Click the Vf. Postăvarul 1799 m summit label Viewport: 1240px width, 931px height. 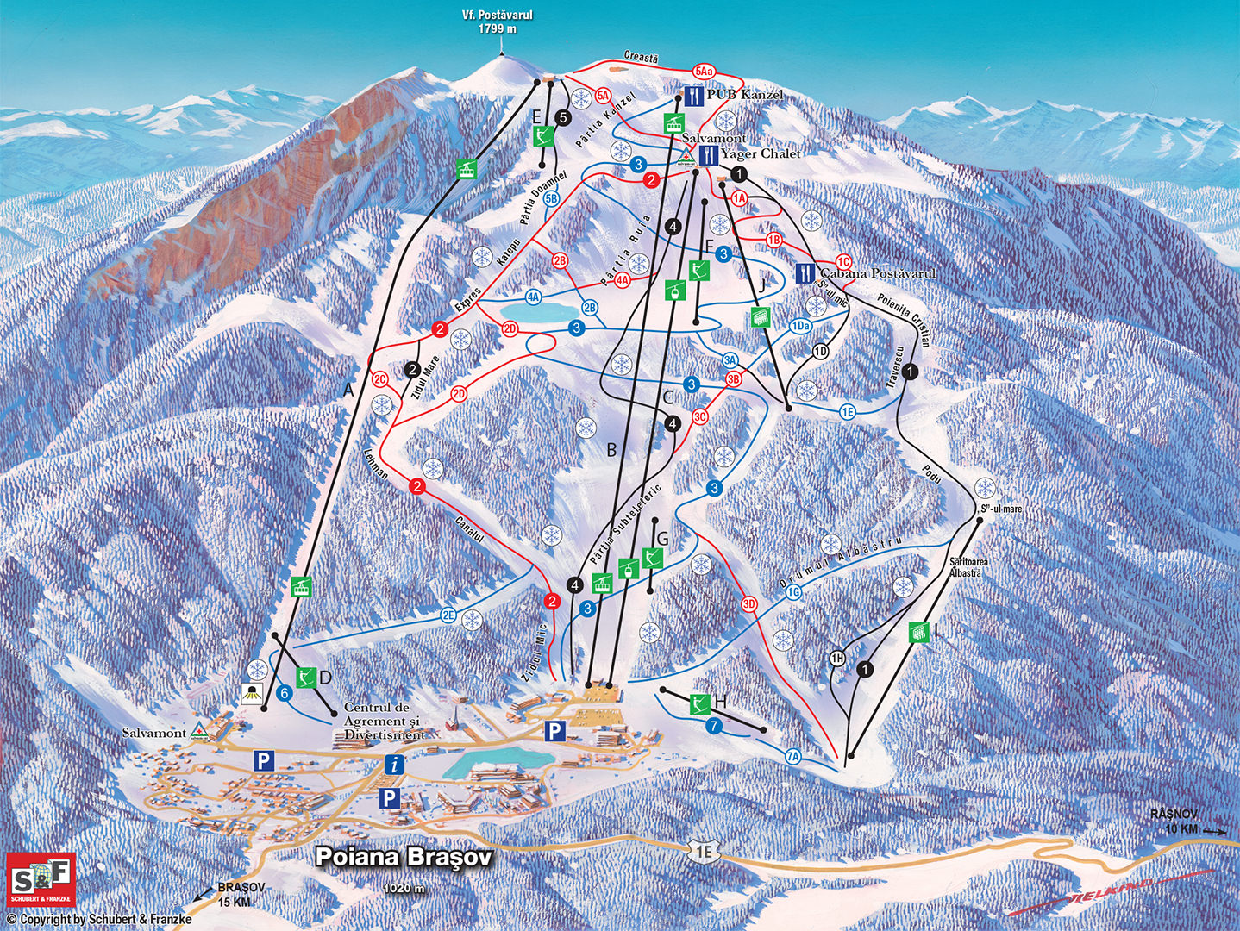(x=498, y=22)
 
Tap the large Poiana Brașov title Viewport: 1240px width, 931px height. (x=404, y=857)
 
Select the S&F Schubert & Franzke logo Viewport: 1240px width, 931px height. (x=41, y=878)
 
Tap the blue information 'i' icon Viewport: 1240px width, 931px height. (x=394, y=764)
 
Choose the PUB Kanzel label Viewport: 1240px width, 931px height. (x=745, y=94)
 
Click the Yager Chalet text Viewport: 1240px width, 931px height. (x=760, y=153)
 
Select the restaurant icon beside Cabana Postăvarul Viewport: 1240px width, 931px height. (x=804, y=273)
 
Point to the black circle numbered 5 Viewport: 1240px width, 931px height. (x=563, y=117)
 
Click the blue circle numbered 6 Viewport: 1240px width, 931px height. (x=285, y=693)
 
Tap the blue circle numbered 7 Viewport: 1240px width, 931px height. (x=714, y=726)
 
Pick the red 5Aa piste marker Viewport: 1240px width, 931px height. (x=704, y=71)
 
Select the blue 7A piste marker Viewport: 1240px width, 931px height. (x=793, y=756)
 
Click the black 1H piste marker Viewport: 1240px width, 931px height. (x=837, y=659)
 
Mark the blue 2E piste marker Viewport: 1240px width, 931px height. (x=448, y=615)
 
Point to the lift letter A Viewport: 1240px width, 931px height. (x=348, y=391)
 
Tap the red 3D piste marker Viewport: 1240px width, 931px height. (x=748, y=604)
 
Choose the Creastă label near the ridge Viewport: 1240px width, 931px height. (x=641, y=57)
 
